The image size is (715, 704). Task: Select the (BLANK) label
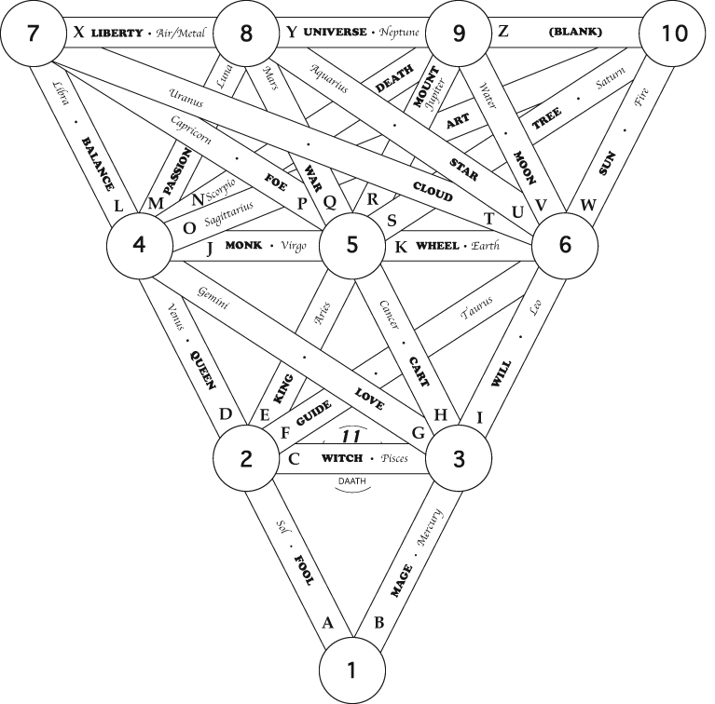pyautogui.click(x=576, y=33)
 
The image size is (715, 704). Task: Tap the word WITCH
pyautogui.click(x=343, y=459)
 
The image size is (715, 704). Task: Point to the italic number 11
pyautogui.click(x=351, y=437)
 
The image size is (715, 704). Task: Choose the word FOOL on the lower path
pyautogui.click(x=304, y=569)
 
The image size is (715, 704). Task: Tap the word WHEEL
pyautogui.click(x=437, y=246)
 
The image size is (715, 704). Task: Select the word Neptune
pyautogui.click(x=397, y=33)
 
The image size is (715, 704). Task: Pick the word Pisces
pyautogui.click(x=401, y=459)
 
